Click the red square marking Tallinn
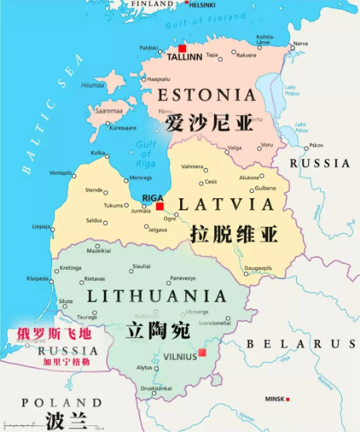182,47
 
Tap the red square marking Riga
160,206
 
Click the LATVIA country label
226,204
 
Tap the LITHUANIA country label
157,296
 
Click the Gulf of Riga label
145,153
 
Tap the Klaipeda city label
38,279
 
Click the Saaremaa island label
102,111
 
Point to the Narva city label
300,43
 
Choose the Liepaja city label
41,226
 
